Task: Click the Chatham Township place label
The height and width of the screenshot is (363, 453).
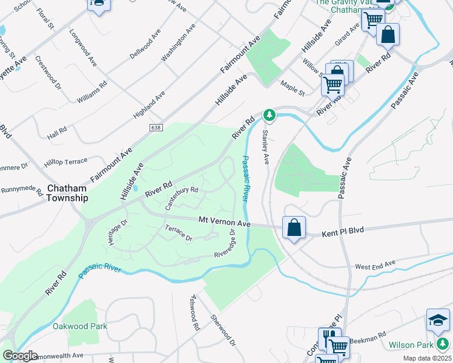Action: tap(67, 193)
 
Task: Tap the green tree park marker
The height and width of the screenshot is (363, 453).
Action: tap(269, 114)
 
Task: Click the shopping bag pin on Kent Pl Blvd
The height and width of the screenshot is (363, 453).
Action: tap(294, 229)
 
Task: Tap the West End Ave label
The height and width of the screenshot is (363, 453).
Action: tap(375, 265)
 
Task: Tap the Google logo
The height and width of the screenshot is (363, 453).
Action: tap(20, 356)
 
